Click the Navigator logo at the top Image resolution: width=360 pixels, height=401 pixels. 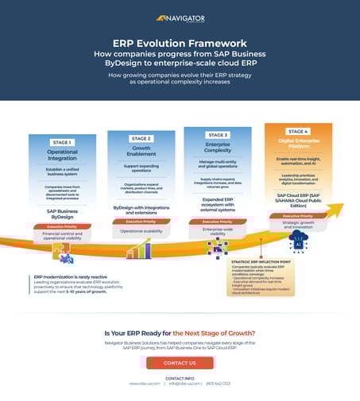click(180, 17)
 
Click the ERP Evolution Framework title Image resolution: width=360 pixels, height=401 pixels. click(180, 44)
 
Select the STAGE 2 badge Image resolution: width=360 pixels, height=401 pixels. click(141, 138)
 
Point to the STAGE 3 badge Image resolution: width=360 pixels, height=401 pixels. click(218, 135)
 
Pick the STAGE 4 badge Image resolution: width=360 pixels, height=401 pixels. click(298, 131)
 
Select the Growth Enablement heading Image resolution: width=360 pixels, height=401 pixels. click(141, 151)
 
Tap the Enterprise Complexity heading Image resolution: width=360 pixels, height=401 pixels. click(218, 148)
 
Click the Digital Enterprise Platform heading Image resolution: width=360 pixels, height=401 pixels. click(298, 144)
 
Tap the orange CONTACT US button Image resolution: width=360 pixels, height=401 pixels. click(180, 362)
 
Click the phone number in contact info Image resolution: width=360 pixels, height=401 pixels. click(218, 384)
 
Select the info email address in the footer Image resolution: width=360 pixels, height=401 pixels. click(179, 384)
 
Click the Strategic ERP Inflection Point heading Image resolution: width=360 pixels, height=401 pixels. click(261, 261)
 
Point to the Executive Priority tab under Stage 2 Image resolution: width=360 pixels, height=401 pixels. click(141, 222)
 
